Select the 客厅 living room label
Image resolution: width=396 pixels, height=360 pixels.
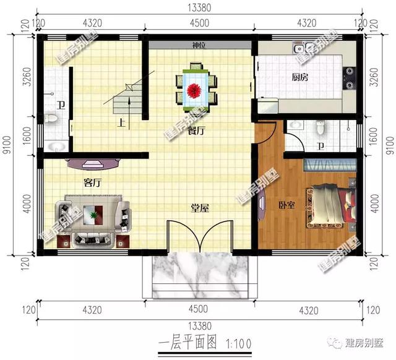click(92, 182)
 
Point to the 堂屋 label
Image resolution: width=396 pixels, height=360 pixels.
click(199, 208)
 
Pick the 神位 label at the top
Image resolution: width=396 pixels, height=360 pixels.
click(199, 46)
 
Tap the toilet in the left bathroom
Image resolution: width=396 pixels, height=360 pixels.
click(52, 119)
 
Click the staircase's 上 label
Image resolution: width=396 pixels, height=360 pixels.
click(123, 122)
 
